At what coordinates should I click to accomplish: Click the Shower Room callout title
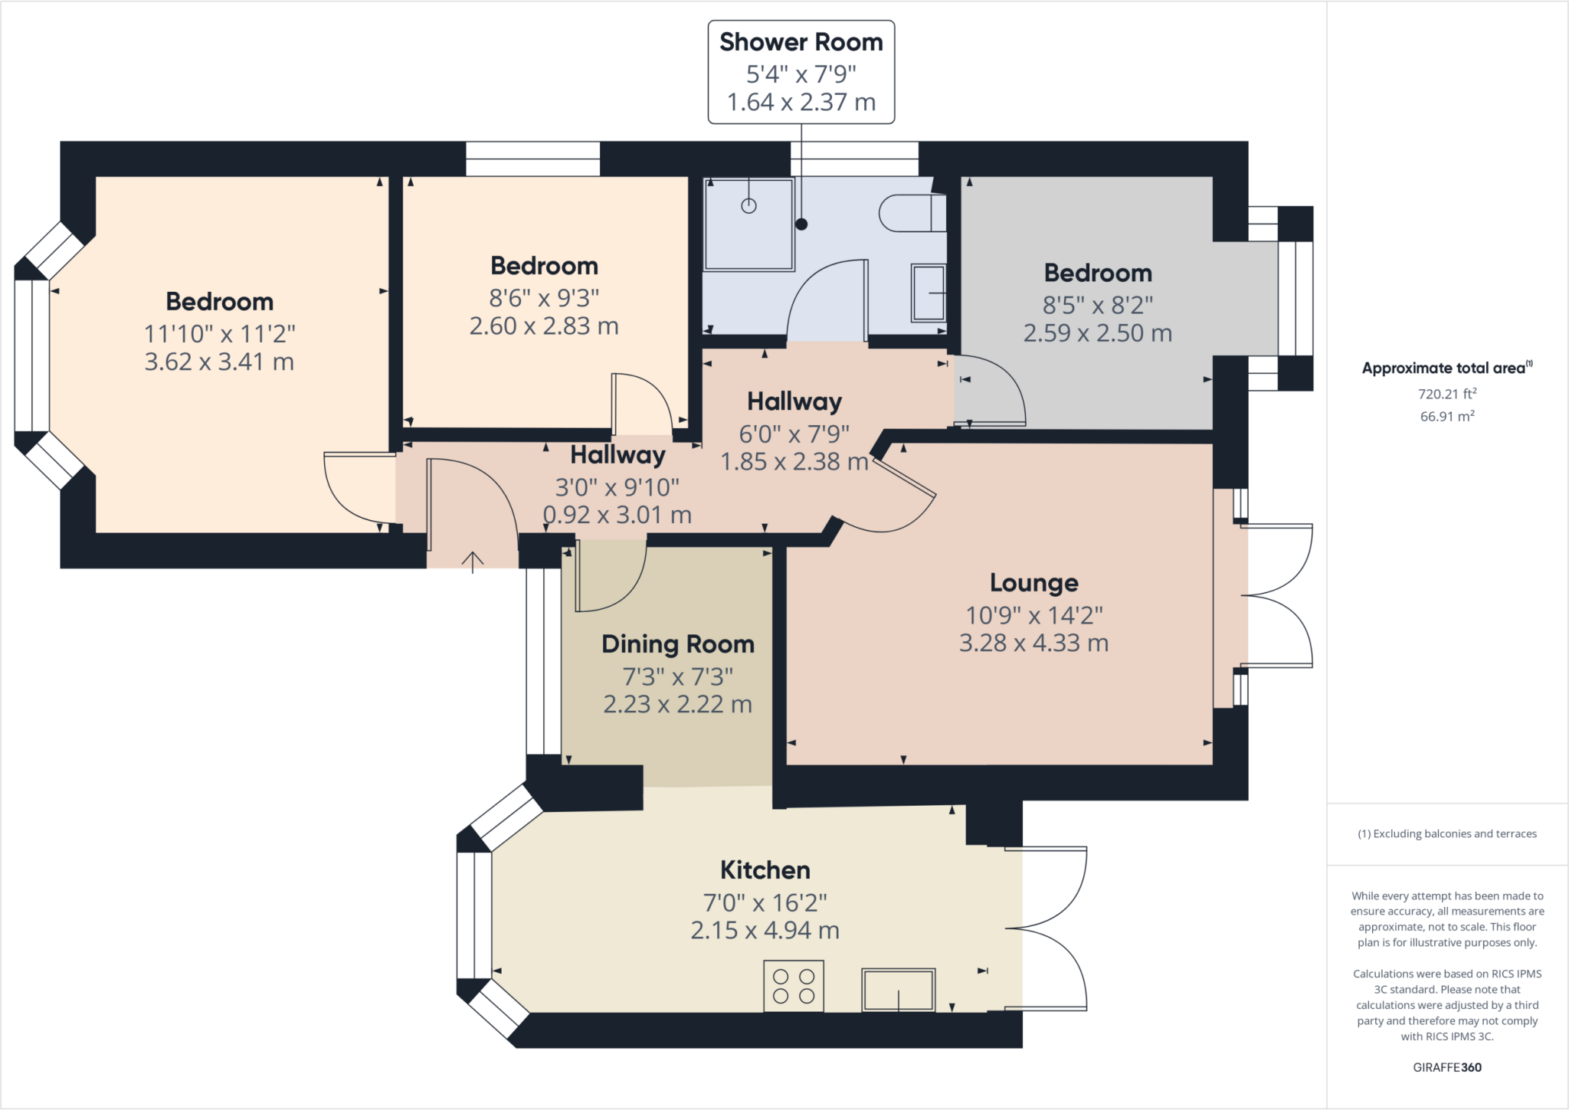[x=801, y=42]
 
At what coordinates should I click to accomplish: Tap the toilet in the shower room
[x=912, y=213]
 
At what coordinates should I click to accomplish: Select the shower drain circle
[x=748, y=205]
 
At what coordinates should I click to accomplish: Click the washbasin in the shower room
[x=929, y=293]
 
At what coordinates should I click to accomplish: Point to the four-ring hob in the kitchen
[x=794, y=986]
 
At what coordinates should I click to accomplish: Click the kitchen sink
[x=899, y=990]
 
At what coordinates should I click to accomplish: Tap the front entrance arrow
[x=473, y=562]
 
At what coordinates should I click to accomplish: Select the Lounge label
[x=1033, y=583]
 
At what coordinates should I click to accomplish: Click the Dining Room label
[x=678, y=644]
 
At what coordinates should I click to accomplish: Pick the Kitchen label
[x=765, y=870]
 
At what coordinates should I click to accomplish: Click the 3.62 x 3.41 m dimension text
[x=219, y=362]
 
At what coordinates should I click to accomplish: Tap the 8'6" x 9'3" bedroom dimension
[x=544, y=297]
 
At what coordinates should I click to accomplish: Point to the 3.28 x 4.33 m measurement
[x=1033, y=643]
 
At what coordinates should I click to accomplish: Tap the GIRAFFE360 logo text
[x=1447, y=1067]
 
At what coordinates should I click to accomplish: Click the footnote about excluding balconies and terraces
[x=1447, y=833]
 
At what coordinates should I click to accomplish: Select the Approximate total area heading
[x=1447, y=368]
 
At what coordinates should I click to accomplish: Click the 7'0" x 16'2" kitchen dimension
[x=765, y=902]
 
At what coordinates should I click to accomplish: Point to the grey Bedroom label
[x=1098, y=273]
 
